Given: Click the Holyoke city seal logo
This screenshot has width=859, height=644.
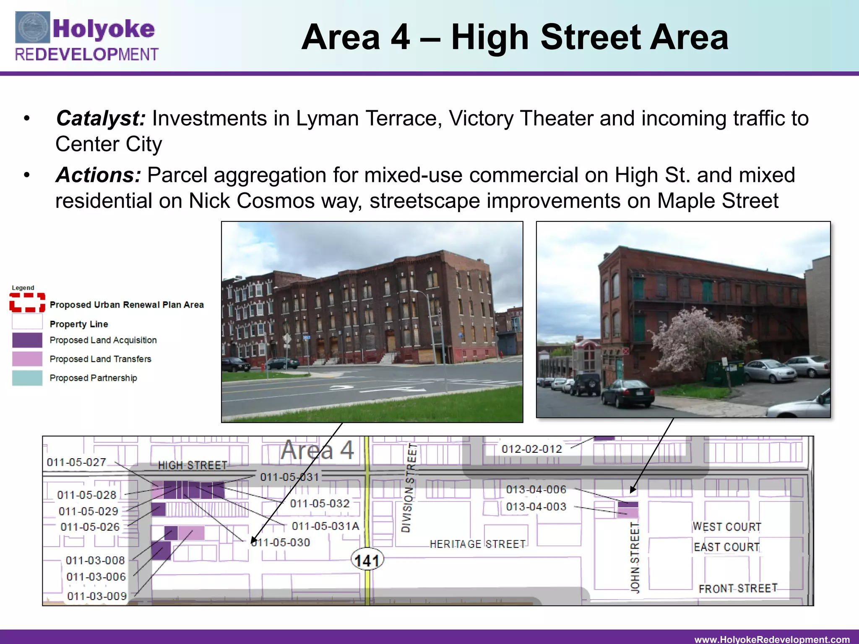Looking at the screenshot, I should [33, 28].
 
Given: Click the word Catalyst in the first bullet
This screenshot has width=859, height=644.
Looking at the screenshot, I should [101, 118].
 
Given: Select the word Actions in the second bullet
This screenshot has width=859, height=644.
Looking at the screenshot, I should [98, 175].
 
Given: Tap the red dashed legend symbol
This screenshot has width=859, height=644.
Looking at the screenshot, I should [27, 303].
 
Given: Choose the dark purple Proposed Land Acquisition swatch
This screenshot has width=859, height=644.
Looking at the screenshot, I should [27, 340].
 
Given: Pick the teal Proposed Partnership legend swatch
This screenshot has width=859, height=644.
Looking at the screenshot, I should [27, 378].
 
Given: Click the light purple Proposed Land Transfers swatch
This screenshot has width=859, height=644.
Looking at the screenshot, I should [27, 359].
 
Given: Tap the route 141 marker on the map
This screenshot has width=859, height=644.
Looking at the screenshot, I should [367, 561].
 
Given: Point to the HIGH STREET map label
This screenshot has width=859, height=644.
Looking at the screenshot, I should [193, 465].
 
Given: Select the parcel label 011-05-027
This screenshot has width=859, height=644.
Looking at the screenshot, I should [76, 462].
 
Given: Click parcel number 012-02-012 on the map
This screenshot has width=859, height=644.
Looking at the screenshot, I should [531, 449].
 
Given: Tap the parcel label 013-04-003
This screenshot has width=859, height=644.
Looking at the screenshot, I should [536, 507].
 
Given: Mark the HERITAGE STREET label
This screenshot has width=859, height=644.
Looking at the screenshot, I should [477, 544].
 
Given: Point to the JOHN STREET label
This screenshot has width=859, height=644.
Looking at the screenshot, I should [635, 558].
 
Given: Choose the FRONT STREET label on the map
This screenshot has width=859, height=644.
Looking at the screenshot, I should [738, 589].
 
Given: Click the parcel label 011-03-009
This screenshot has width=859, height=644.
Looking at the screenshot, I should [97, 596].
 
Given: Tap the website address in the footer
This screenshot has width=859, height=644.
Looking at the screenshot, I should [772, 639].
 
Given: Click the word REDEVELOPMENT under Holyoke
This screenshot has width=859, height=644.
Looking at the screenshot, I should [87, 55].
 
